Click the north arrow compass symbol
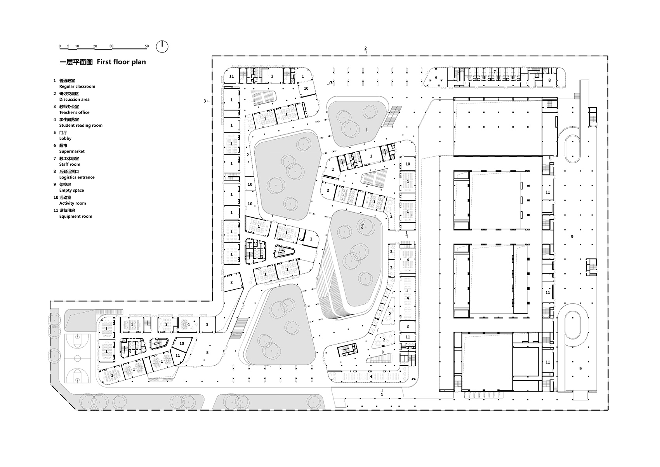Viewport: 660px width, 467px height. [x=162, y=47]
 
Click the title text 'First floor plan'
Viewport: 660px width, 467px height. [x=121, y=62]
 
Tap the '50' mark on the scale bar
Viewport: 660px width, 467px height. [x=147, y=46]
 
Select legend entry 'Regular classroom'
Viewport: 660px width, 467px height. [x=77, y=86]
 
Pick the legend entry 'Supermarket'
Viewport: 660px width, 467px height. [x=72, y=151]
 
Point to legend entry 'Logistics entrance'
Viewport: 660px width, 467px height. [x=77, y=177]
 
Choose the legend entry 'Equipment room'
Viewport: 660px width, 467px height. [x=76, y=216]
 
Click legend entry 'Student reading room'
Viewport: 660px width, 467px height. [x=81, y=125]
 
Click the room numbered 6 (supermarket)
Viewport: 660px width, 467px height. [x=436, y=78]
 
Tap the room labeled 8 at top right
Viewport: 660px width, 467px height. [x=549, y=80]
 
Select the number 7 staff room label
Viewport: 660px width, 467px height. [x=495, y=72]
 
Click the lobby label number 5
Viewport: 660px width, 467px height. [x=207, y=353]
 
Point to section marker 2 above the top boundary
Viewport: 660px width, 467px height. [x=365, y=49]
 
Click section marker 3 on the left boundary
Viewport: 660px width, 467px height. [x=205, y=101]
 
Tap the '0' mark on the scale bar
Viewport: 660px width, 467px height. [x=60, y=46]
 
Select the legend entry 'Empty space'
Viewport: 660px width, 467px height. [x=71, y=190]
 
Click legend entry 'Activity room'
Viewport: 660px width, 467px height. [x=73, y=203]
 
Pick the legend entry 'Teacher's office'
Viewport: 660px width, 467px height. [x=74, y=112]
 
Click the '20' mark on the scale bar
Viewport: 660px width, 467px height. [x=95, y=46]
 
